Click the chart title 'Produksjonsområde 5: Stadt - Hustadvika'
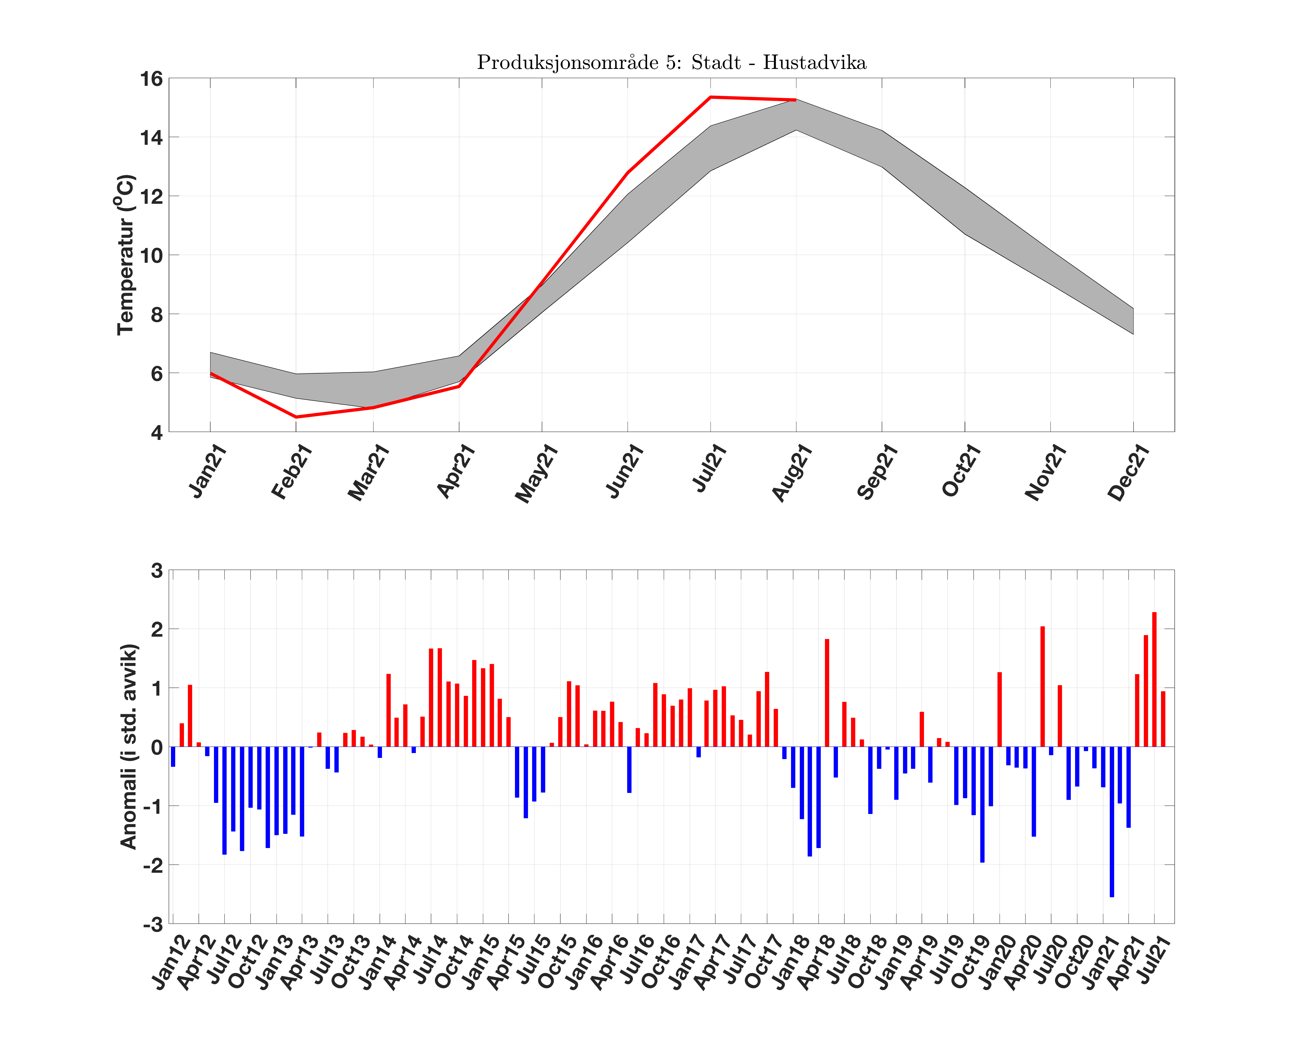pyautogui.click(x=671, y=63)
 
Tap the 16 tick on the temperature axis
pyautogui.click(x=152, y=79)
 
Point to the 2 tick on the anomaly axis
pyautogui.click(x=157, y=629)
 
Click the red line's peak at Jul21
pyautogui.click(x=711, y=97)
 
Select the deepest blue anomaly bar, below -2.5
pyautogui.click(x=1111, y=821)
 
